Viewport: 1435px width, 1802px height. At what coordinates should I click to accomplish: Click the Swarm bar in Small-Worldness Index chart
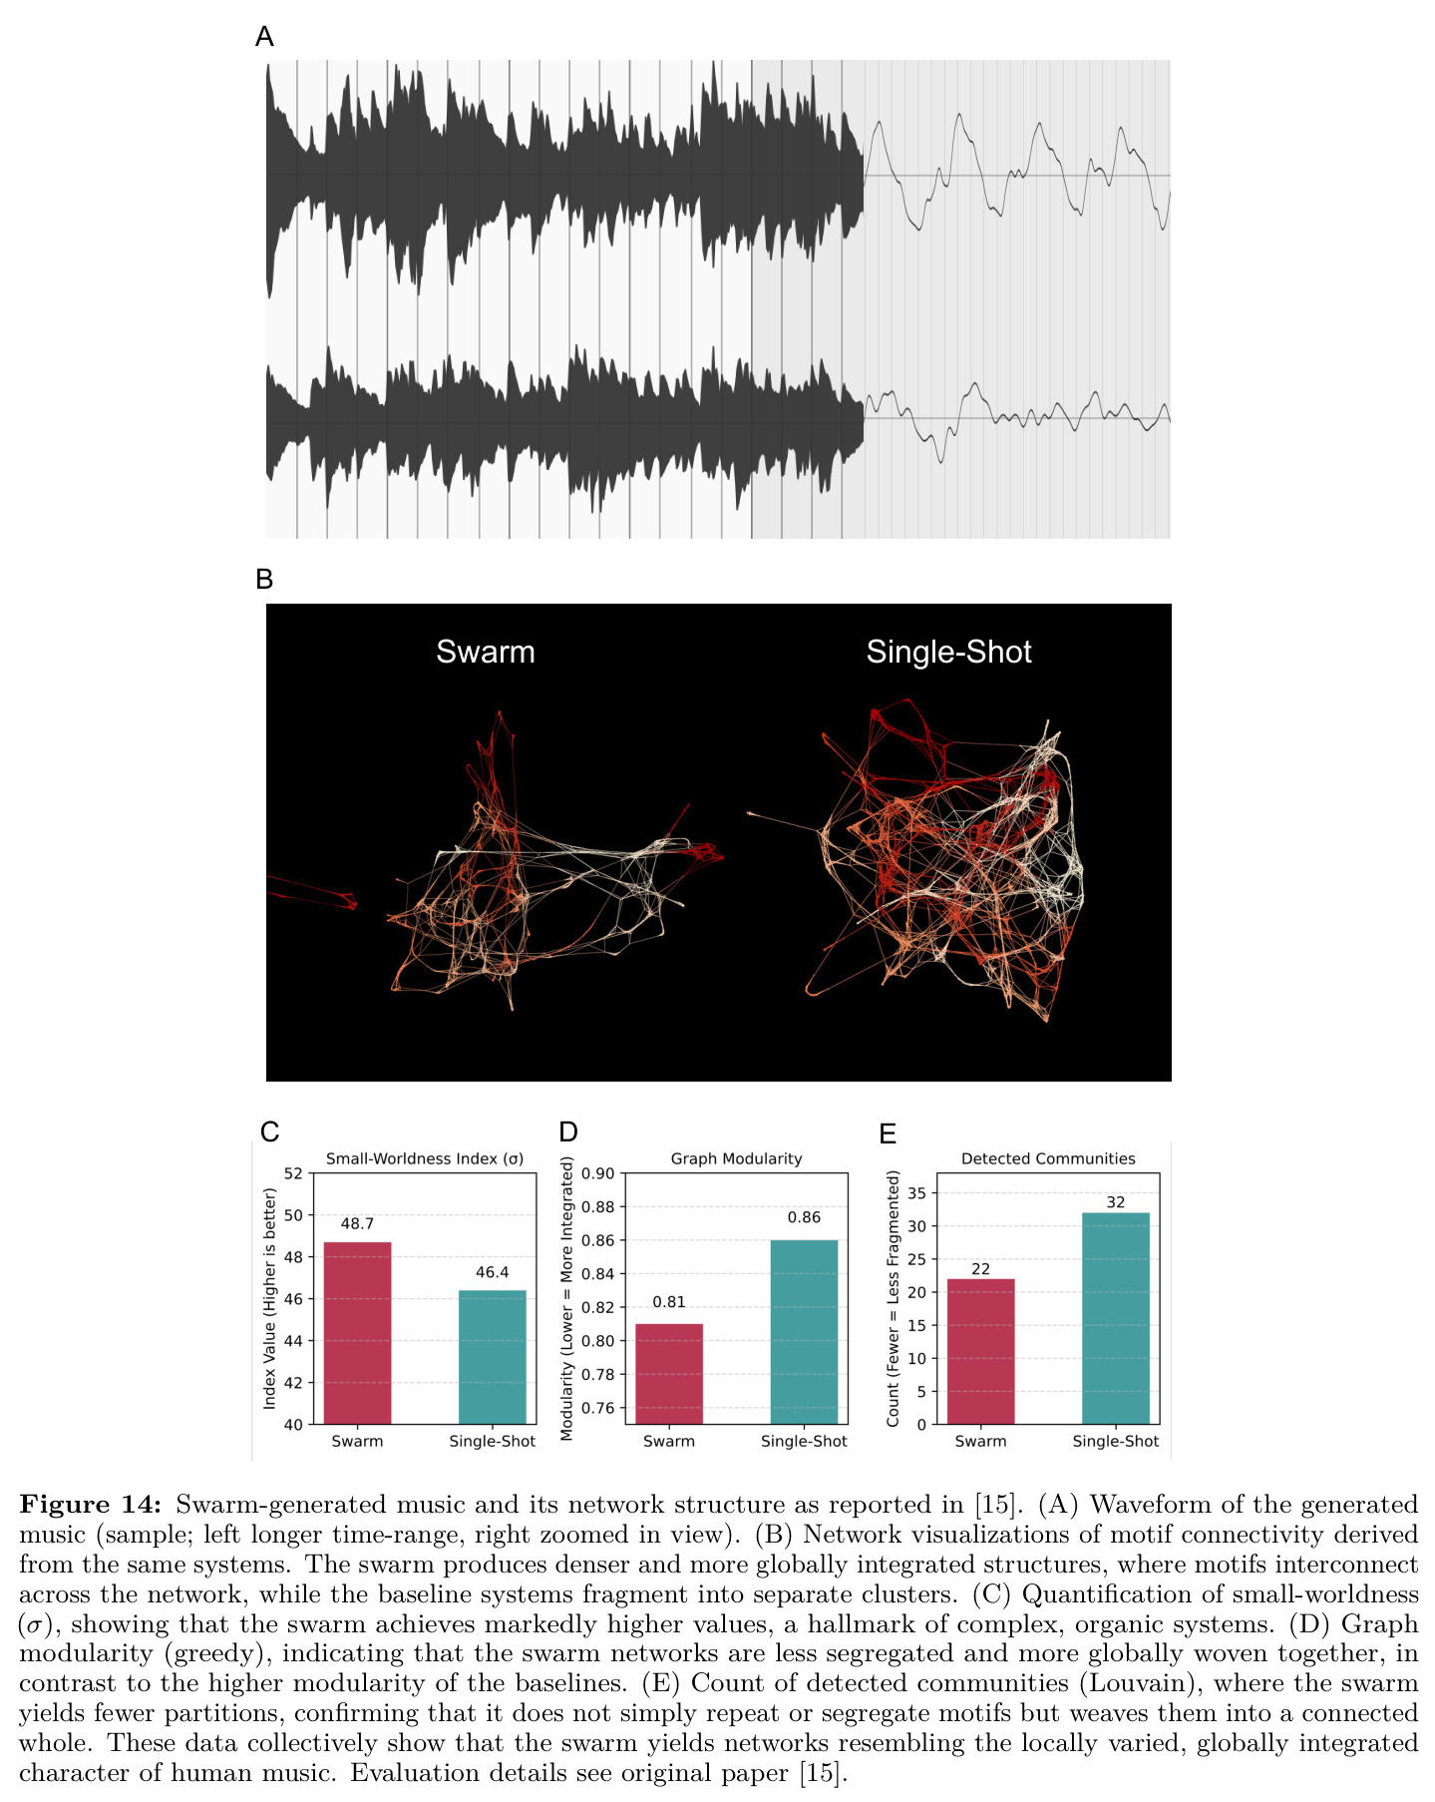pyautogui.click(x=357, y=1332)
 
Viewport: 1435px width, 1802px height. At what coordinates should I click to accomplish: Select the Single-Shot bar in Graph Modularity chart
pyautogui.click(x=804, y=1332)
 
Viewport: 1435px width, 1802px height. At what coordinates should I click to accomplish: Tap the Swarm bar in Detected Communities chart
pyautogui.click(x=980, y=1351)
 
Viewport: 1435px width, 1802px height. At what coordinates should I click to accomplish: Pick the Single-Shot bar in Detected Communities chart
pyautogui.click(x=1116, y=1318)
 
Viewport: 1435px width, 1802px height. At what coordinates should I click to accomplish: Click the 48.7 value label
pyautogui.click(x=357, y=1224)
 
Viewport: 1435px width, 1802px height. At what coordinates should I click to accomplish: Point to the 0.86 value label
pyautogui.click(x=804, y=1217)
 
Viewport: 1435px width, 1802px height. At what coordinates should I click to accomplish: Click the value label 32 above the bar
pyautogui.click(x=1116, y=1202)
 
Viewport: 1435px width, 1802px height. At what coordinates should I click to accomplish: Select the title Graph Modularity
pyautogui.click(x=736, y=1158)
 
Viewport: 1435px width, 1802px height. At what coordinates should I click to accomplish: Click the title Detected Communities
pyautogui.click(x=1048, y=1158)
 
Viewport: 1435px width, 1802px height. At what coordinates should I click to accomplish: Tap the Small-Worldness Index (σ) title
pyautogui.click(x=425, y=1158)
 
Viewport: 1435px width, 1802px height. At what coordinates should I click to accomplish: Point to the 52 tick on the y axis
pyautogui.click(x=293, y=1173)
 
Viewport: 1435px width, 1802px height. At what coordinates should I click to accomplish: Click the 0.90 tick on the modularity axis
pyautogui.click(x=598, y=1173)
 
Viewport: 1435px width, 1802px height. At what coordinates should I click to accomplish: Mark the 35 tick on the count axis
pyautogui.click(x=917, y=1193)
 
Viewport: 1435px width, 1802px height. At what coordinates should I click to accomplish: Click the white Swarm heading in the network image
pyautogui.click(x=486, y=653)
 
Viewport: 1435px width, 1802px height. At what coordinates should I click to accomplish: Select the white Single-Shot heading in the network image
pyautogui.click(x=948, y=653)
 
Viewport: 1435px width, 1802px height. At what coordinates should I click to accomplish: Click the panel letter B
pyautogui.click(x=264, y=579)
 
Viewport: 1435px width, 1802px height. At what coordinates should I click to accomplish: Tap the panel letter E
pyautogui.click(x=888, y=1133)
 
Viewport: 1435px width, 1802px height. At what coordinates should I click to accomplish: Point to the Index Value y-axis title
pyautogui.click(x=269, y=1298)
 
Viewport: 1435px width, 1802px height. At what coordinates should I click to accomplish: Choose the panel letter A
pyautogui.click(x=264, y=37)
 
